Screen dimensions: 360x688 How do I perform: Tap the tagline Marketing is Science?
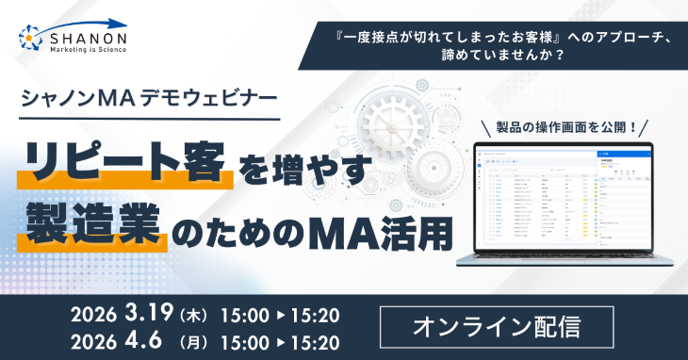[90, 51]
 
